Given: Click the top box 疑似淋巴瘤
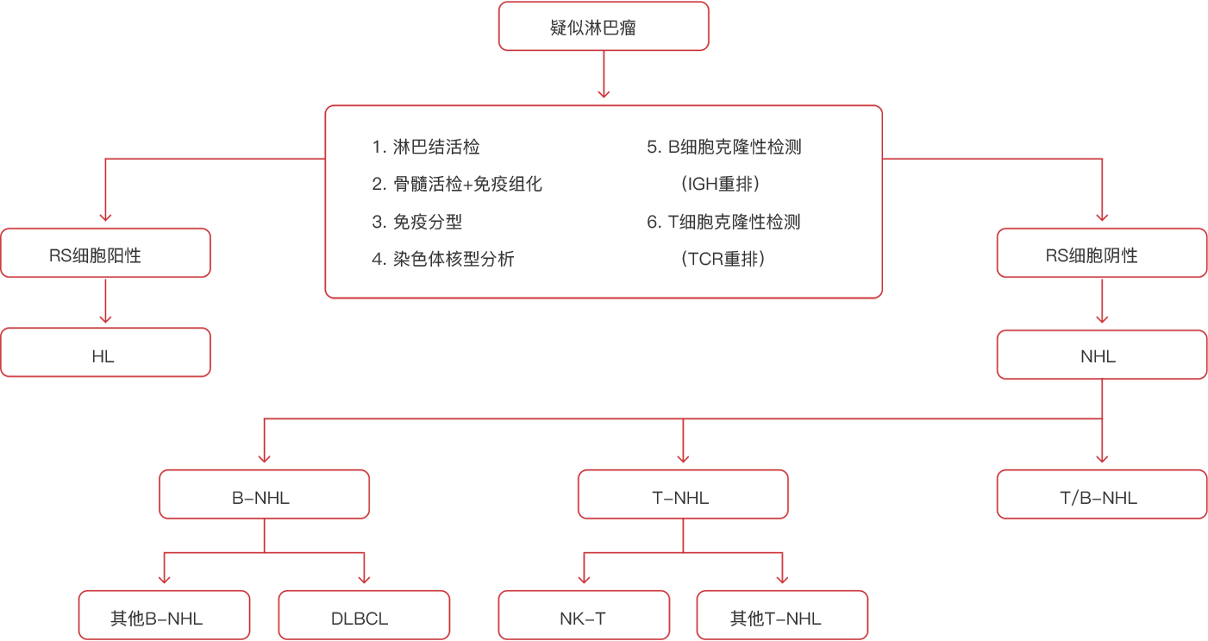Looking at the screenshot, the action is point(604,27).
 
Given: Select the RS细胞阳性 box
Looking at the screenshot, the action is point(106,253).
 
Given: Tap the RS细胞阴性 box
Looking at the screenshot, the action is point(1102,253).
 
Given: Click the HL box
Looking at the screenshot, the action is point(106,352).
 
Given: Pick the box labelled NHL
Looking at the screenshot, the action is point(1102,355).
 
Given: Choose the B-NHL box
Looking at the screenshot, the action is point(264,494).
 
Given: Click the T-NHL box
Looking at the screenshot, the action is point(683,494).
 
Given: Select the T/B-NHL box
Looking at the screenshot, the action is point(1102,494).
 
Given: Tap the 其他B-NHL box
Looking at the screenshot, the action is point(164,615).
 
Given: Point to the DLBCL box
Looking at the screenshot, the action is point(364,615).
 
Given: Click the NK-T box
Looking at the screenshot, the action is point(584,615).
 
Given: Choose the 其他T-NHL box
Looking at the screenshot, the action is point(782,615).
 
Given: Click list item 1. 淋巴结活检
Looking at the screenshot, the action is point(425,147).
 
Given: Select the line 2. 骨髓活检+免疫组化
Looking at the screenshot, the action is point(457,184).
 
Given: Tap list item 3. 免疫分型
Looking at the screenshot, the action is point(416,222).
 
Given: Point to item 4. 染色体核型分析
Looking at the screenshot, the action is point(442,259).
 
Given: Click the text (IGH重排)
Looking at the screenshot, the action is point(721,184).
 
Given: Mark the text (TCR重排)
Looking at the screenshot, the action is point(723,259).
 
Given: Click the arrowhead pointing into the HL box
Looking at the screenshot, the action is point(106,319).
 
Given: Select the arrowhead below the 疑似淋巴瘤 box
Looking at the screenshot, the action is point(604,94).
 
